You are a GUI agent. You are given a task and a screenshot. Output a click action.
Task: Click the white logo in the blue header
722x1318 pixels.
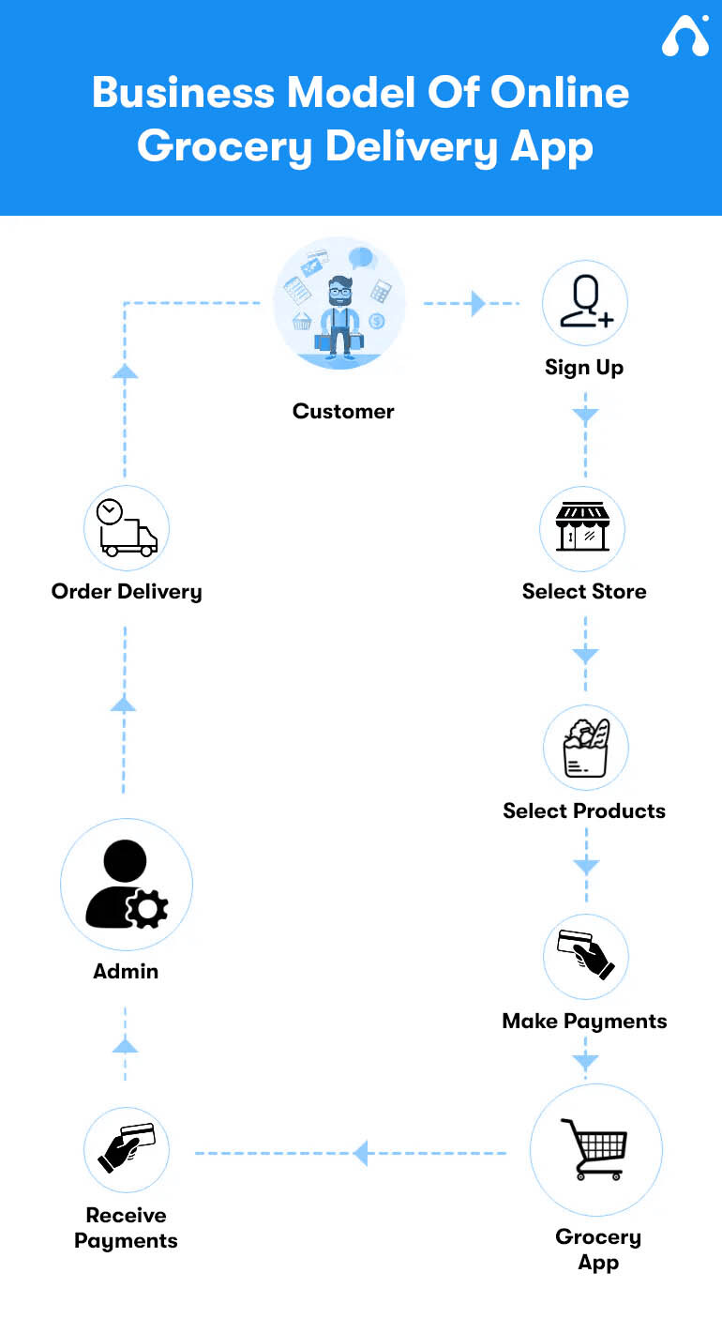pyautogui.click(x=685, y=36)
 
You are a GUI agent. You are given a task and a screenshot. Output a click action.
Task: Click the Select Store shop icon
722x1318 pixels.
pyautogui.click(x=582, y=526)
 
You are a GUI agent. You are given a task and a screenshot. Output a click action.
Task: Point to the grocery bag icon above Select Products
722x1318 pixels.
pyautogui.click(x=586, y=748)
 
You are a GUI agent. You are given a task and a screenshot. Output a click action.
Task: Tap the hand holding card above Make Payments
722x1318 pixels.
pyautogui.click(x=586, y=954)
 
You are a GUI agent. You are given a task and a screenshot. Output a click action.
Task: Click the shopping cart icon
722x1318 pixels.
pyautogui.click(x=594, y=1149)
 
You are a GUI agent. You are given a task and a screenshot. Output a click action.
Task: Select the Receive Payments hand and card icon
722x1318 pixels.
pyautogui.click(x=127, y=1147)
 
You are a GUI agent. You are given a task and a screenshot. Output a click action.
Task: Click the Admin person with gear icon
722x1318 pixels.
pyautogui.click(x=127, y=885)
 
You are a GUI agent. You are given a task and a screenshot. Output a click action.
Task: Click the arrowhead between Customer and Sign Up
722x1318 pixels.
pyautogui.click(x=478, y=304)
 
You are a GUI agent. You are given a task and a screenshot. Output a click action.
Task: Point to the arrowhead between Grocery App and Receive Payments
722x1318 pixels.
pyautogui.click(x=360, y=1153)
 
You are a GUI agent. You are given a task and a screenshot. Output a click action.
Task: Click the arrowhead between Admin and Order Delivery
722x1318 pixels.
pyautogui.click(x=124, y=704)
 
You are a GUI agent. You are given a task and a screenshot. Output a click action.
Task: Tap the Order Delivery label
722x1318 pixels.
pyautogui.click(x=127, y=592)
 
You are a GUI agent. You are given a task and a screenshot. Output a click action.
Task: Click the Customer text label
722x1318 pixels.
pyautogui.click(x=343, y=411)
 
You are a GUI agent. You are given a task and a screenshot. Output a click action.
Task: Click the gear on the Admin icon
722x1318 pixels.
pyautogui.click(x=147, y=909)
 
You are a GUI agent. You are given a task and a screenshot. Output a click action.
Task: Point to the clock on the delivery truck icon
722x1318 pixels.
pyautogui.click(x=110, y=511)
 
